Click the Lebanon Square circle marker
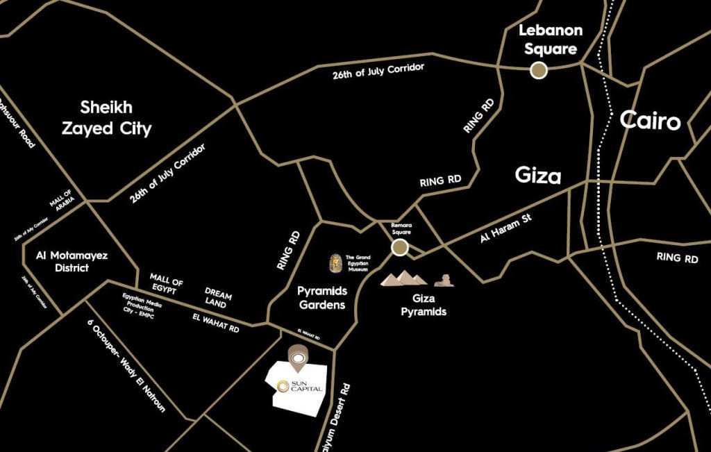[x=538, y=69]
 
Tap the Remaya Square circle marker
[x=399, y=248]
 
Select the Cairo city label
[x=650, y=121]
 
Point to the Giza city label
[x=538, y=176]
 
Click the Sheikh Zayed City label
[x=115, y=118]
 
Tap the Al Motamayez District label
[x=72, y=261]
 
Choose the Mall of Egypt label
[x=167, y=285]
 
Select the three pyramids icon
[x=404, y=278]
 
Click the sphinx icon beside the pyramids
[x=444, y=281]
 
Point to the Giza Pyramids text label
[x=424, y=306]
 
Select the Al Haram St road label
[x=505, y=228]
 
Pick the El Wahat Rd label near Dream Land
[x=216, y=323]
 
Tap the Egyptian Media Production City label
[x=144, y=305]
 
